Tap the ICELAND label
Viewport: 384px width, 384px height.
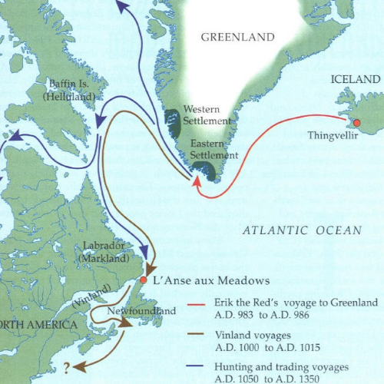(x=355, y=79)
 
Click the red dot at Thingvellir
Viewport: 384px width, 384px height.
(x=356, y=124)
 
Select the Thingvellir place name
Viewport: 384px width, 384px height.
(x=333, y=136)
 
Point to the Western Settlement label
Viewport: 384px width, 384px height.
(x=207, y=115)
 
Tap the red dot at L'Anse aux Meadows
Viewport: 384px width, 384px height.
(x=143, y=282)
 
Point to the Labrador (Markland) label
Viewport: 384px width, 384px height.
(x=104, y=252)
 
